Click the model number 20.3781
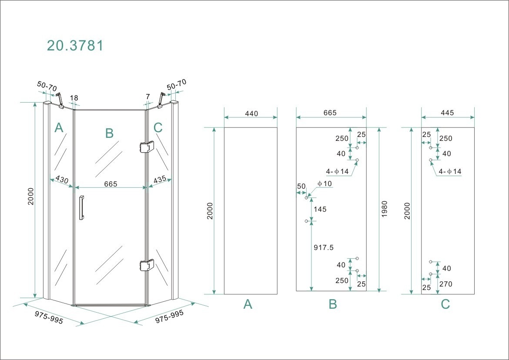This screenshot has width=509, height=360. (x=75, y=45)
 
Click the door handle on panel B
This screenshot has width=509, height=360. (x=81, y=209)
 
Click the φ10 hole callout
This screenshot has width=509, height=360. (x=325, y=184)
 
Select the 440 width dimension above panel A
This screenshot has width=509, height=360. (x=251, y=114)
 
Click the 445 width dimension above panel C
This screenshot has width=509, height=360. (x=447, y=113)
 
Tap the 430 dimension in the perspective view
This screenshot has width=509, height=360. (x=62, y=180)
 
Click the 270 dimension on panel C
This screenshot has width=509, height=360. (x=445, y=284)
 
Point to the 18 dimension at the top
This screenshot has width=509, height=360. (x=74, y=98)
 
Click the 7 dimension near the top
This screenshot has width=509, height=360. (x=148, y=97)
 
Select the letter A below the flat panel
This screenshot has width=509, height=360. (x=248, y=305)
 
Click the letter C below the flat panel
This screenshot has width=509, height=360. (x=445, y=304)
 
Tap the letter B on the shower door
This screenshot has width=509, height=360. (x=109, y=133)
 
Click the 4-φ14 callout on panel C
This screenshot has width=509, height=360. (x=451, y=172)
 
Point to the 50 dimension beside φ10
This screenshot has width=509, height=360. (x=301, y=186)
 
